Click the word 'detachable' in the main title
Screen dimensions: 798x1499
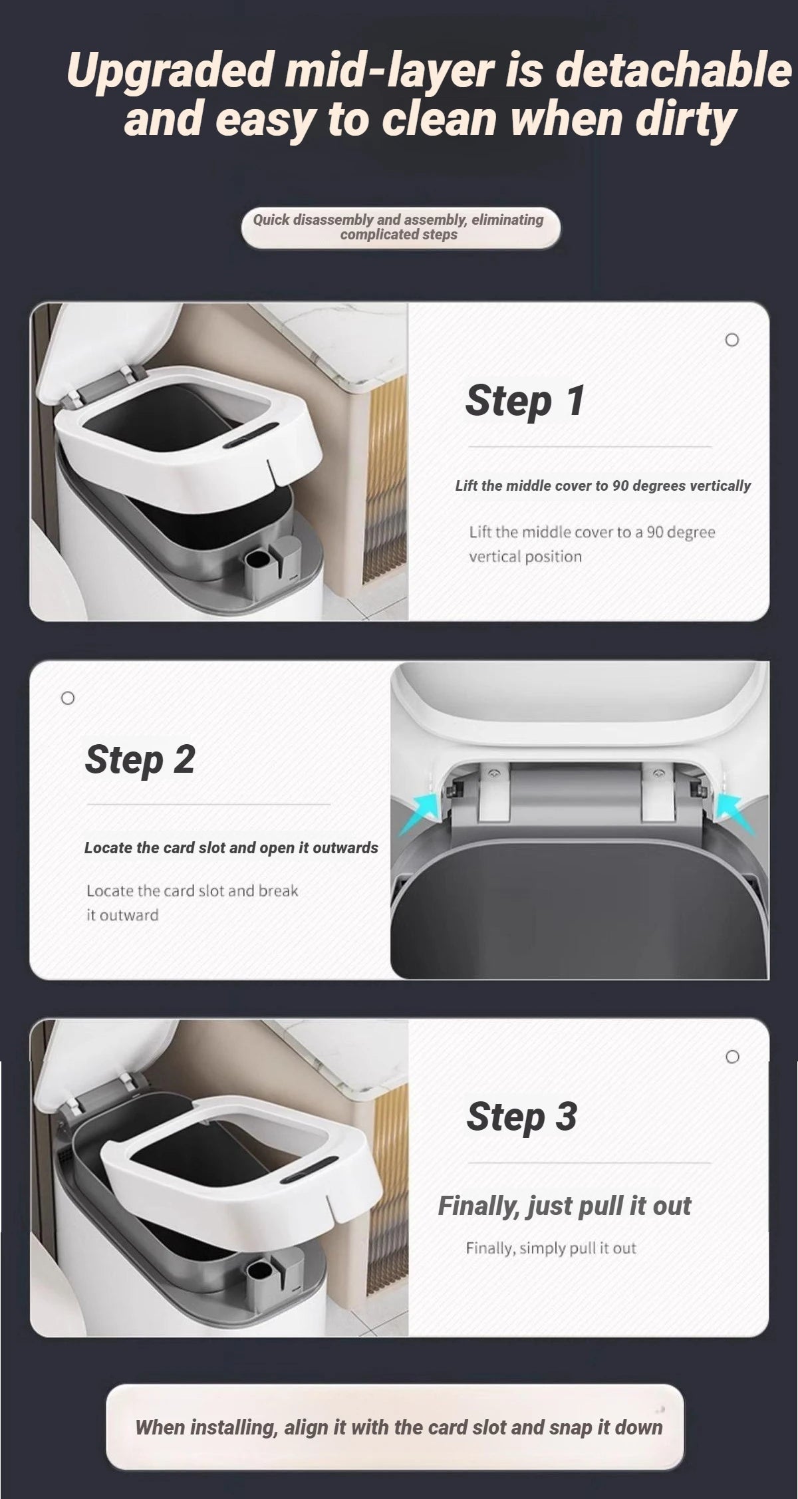[674, 70]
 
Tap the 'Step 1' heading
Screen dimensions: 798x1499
[525, 400]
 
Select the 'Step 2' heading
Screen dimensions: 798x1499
[140, 759]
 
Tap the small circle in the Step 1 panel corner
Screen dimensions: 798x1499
[731, 340]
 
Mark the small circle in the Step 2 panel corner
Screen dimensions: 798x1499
[67, 698]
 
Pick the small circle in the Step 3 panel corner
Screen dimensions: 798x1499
[732, 1057]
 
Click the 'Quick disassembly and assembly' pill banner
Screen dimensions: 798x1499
[400, 227]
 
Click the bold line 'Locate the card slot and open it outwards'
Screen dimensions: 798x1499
[231, 848]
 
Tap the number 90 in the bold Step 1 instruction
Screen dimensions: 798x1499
[620, 485]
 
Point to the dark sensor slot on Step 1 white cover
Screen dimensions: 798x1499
[252, 440]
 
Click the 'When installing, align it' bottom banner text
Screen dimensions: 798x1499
[399, 1427]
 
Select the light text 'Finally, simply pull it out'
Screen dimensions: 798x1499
[551, 1248]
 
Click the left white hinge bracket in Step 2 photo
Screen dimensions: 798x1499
[493, 794]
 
